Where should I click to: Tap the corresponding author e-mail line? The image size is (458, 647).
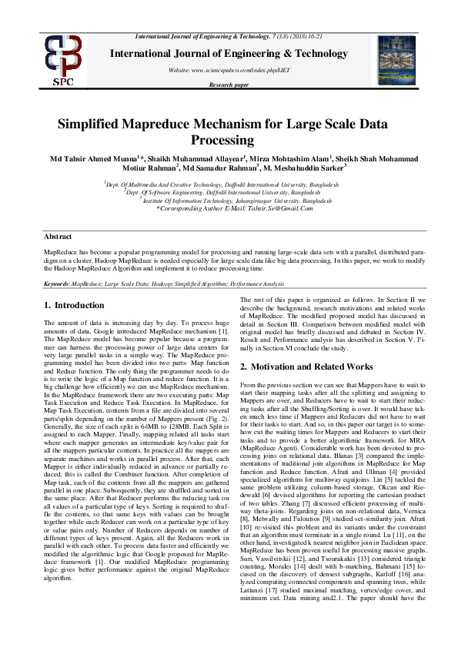(x=229, y=208)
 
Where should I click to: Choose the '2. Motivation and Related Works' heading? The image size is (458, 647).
(x=306, y=366)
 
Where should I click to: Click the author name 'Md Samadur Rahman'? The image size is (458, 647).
(x=221, y=168)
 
